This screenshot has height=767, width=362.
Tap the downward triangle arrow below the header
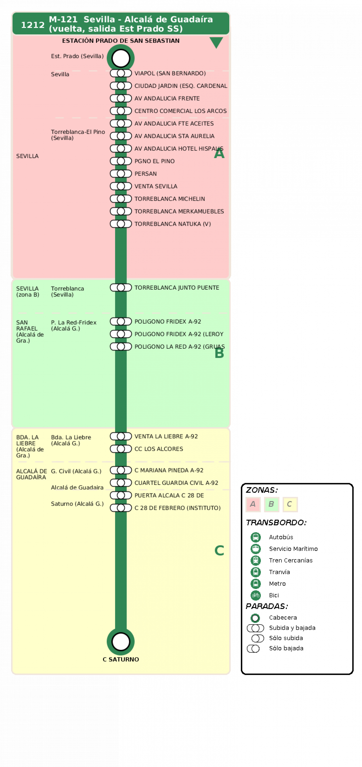(216, 42)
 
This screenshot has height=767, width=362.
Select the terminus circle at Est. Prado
(121, 58)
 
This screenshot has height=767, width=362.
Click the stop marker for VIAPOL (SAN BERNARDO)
(121, 73)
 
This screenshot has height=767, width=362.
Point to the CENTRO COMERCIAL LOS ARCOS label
(180, 111)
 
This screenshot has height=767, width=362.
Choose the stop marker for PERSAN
(121, 174)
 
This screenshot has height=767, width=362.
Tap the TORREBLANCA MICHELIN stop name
(169, 199)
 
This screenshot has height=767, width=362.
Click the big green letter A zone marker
(219, 153)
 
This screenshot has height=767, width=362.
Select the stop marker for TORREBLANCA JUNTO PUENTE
(121, 288)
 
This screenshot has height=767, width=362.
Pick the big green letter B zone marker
(219, 353)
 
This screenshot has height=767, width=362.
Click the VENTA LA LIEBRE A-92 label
(166, 436)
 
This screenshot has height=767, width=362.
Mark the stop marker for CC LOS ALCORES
(121, 449)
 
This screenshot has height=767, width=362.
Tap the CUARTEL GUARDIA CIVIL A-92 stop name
(176, 483)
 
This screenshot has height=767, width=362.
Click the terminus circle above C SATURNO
(121, 642)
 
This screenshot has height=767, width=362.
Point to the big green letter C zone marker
(219, 550)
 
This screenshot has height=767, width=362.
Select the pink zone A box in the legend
(253, 504)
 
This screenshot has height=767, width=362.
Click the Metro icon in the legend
(255, 584)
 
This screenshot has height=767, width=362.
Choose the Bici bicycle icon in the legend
(255, 595)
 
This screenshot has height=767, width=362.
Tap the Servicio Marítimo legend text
(293, 549)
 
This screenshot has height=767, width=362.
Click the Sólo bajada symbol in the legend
(253, 649)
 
